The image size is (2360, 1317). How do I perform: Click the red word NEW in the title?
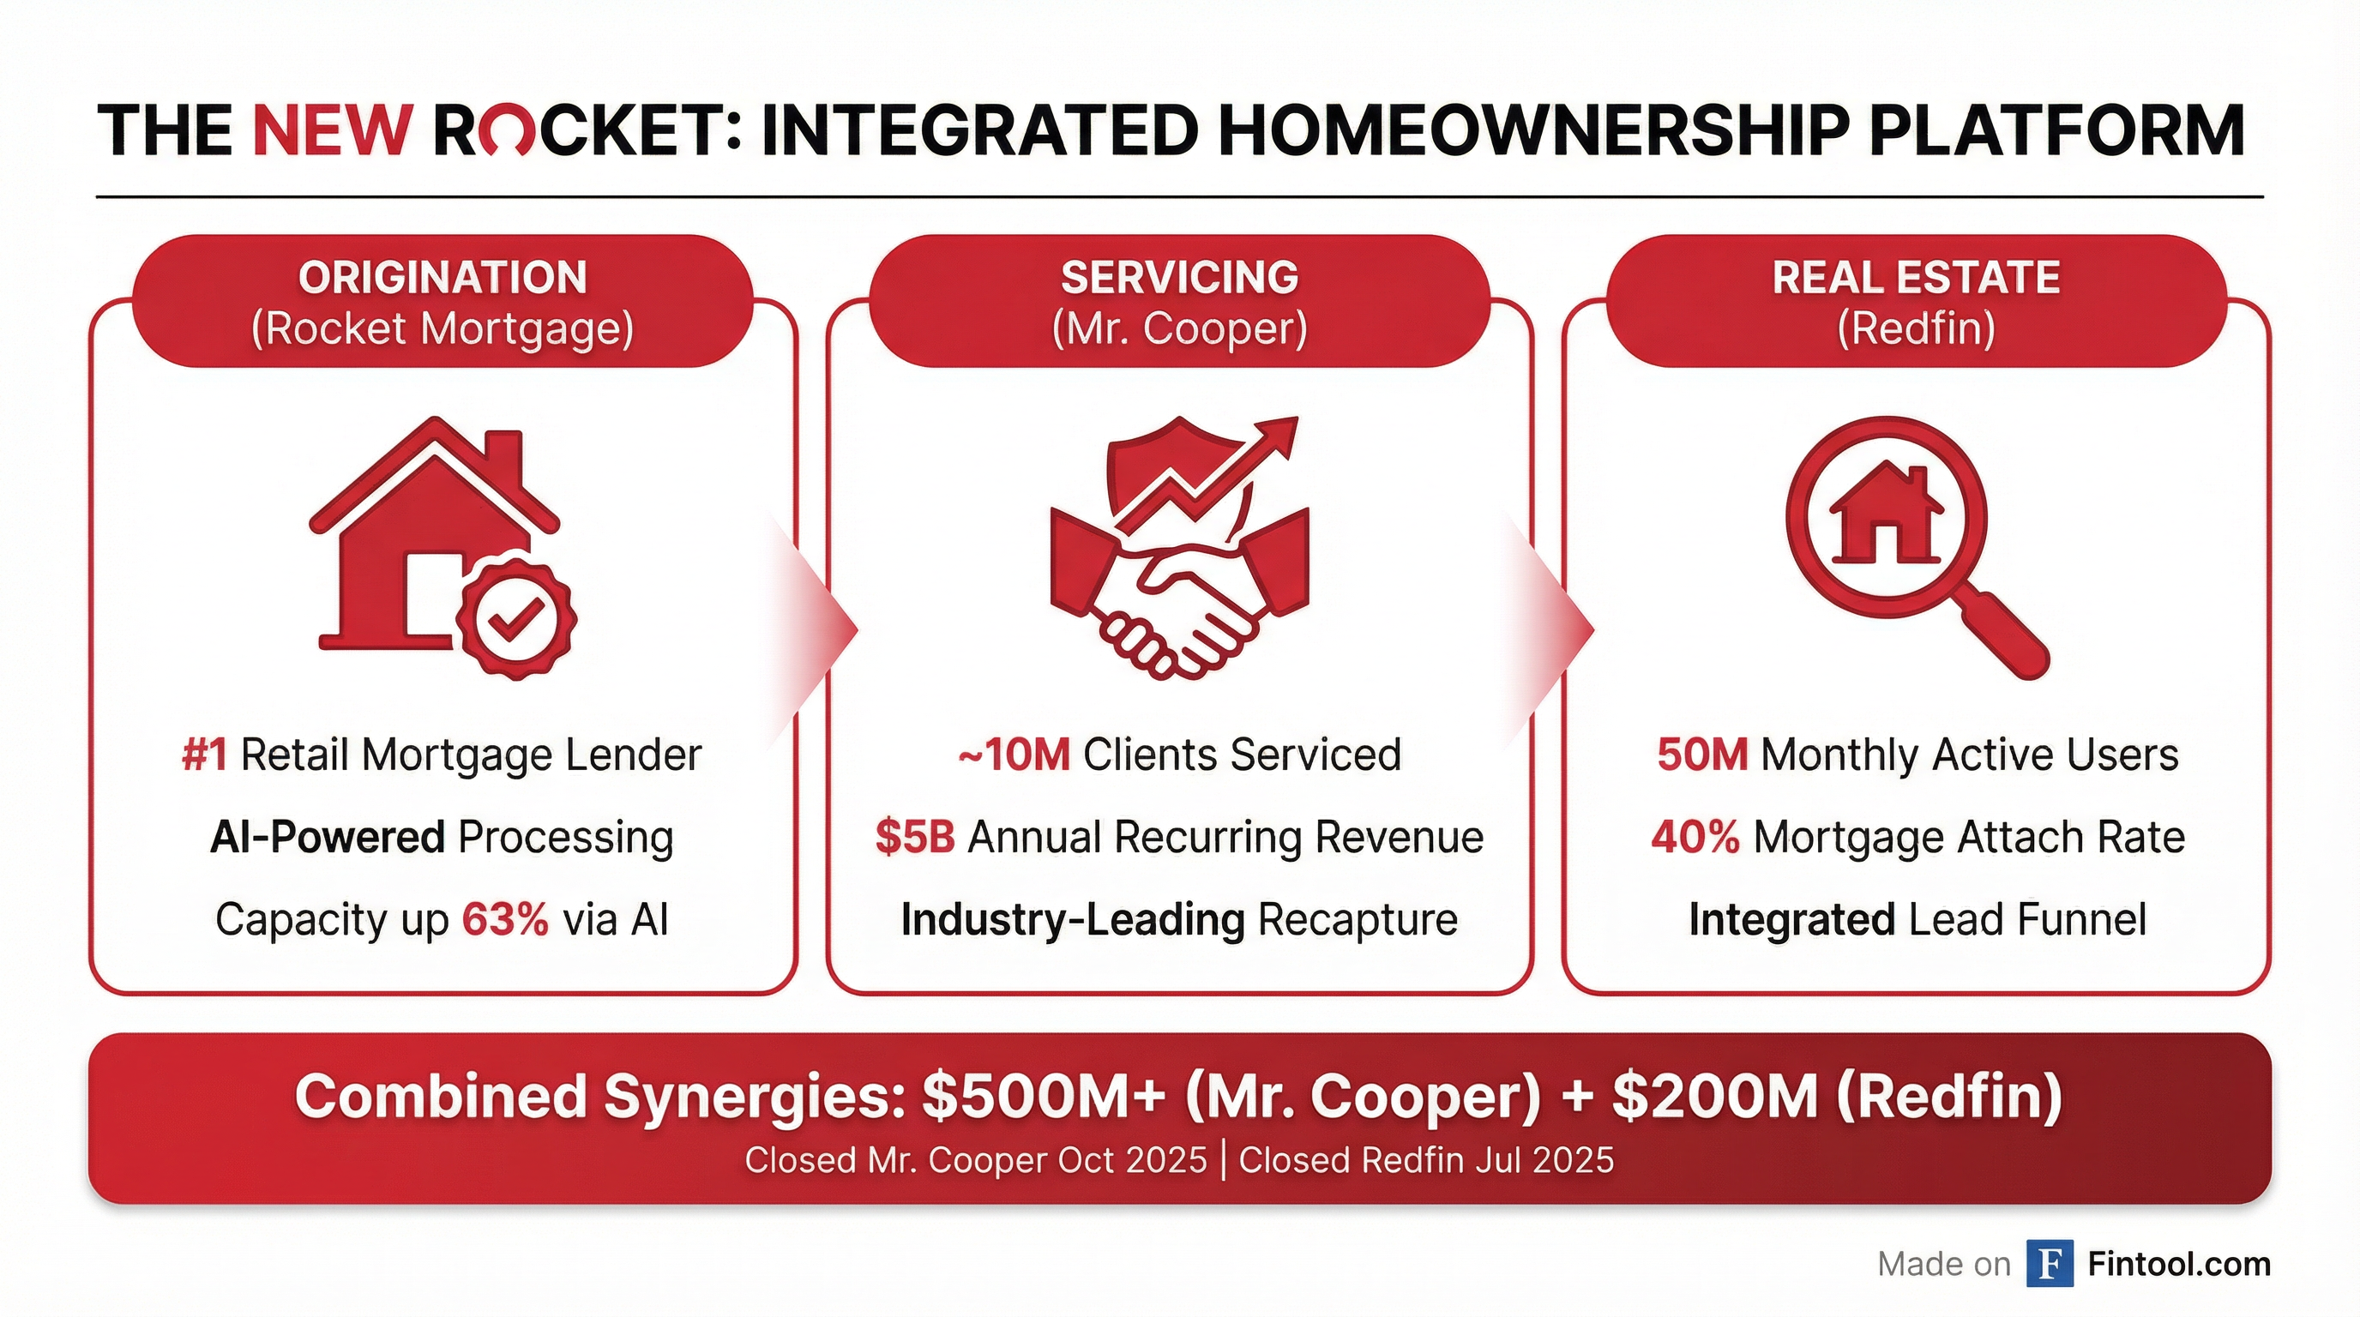pos(331,130)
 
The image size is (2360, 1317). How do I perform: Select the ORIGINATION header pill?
pos(442,301)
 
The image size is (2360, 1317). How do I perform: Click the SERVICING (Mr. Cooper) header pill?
pos(1179,301)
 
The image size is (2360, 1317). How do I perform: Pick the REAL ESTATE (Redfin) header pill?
pos(1916,301)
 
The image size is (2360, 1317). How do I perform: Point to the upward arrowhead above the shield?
pos(1275,438)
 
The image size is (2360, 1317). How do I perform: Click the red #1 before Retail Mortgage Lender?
pos(204,755)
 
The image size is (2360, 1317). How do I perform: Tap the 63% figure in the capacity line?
pos(505,918)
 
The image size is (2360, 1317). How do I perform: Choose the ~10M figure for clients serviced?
pos(1014,755)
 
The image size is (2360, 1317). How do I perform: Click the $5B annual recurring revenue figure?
pos(915,837)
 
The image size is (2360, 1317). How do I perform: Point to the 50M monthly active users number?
pos(1702,755)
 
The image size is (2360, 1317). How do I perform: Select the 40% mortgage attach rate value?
pos(1695,837)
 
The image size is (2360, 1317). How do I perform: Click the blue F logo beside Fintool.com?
pos(2050,1264)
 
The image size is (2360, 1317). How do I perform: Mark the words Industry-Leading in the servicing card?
pos(1073,918)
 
